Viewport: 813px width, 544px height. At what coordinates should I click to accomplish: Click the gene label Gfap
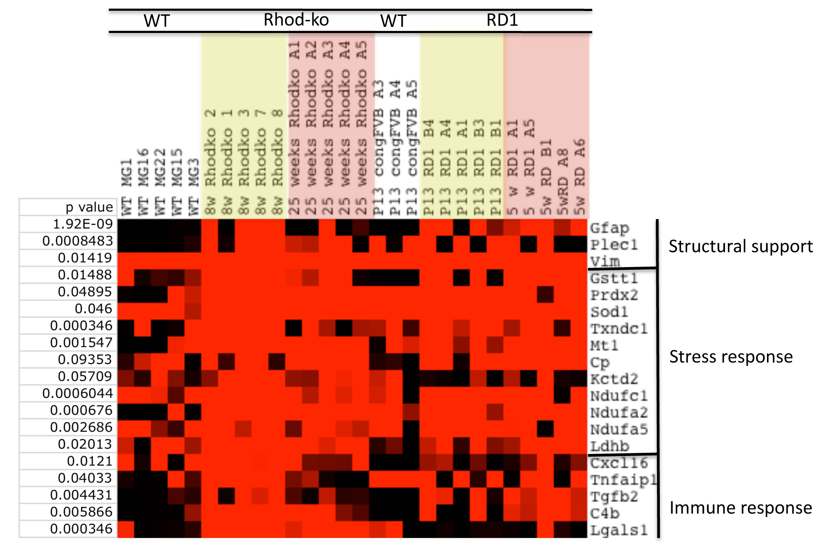point(609,228)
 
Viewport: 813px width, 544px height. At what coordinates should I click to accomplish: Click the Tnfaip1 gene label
point(623,480)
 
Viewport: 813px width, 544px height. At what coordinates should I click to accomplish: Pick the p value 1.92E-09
point(83,224)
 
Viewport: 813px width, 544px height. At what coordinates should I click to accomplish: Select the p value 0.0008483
point(77,241)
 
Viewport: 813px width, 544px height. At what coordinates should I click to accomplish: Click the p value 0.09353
point(85,360)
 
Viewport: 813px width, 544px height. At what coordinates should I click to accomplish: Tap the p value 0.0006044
point(77,393)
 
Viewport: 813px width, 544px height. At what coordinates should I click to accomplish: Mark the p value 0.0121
point(89,461)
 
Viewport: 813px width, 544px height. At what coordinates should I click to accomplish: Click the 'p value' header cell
point(89,207)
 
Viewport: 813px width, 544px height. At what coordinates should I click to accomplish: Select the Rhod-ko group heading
point(296,20)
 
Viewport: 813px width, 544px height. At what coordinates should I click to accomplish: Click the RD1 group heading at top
point(502,20)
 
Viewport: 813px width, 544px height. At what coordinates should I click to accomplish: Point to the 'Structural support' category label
point(740,246)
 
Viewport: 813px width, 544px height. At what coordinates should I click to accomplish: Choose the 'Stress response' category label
point(731,357)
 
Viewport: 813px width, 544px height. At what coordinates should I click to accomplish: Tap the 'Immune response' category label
point(740,508)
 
